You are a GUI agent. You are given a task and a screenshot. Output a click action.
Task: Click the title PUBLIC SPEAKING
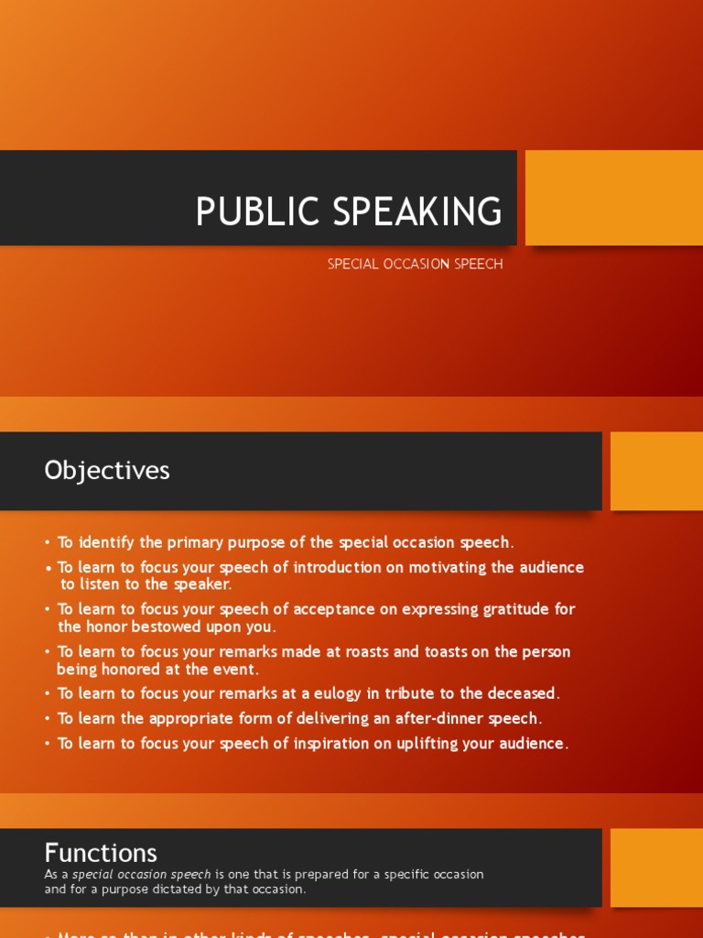pyautogui.click(x=349, y=212)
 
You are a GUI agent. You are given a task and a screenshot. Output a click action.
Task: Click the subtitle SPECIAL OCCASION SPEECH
pyautogui.click(x=415, y=264)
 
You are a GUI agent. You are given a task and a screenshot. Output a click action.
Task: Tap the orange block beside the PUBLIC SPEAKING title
pyautogui.click(x=613, y=198)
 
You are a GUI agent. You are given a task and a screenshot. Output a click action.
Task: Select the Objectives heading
pyautogui.click(x=107, y=470)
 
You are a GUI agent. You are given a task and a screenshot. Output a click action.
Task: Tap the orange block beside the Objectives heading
pyautogui.click(x=656, y=471)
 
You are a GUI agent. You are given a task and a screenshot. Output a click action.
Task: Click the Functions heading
pyautogui.click(x=101, y=853)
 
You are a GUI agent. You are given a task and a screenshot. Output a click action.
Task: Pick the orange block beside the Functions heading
pyautogui.click(x=656, y=867)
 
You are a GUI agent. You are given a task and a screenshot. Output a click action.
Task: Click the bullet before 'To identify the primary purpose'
pyautogui.click(x=48, y=543)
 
